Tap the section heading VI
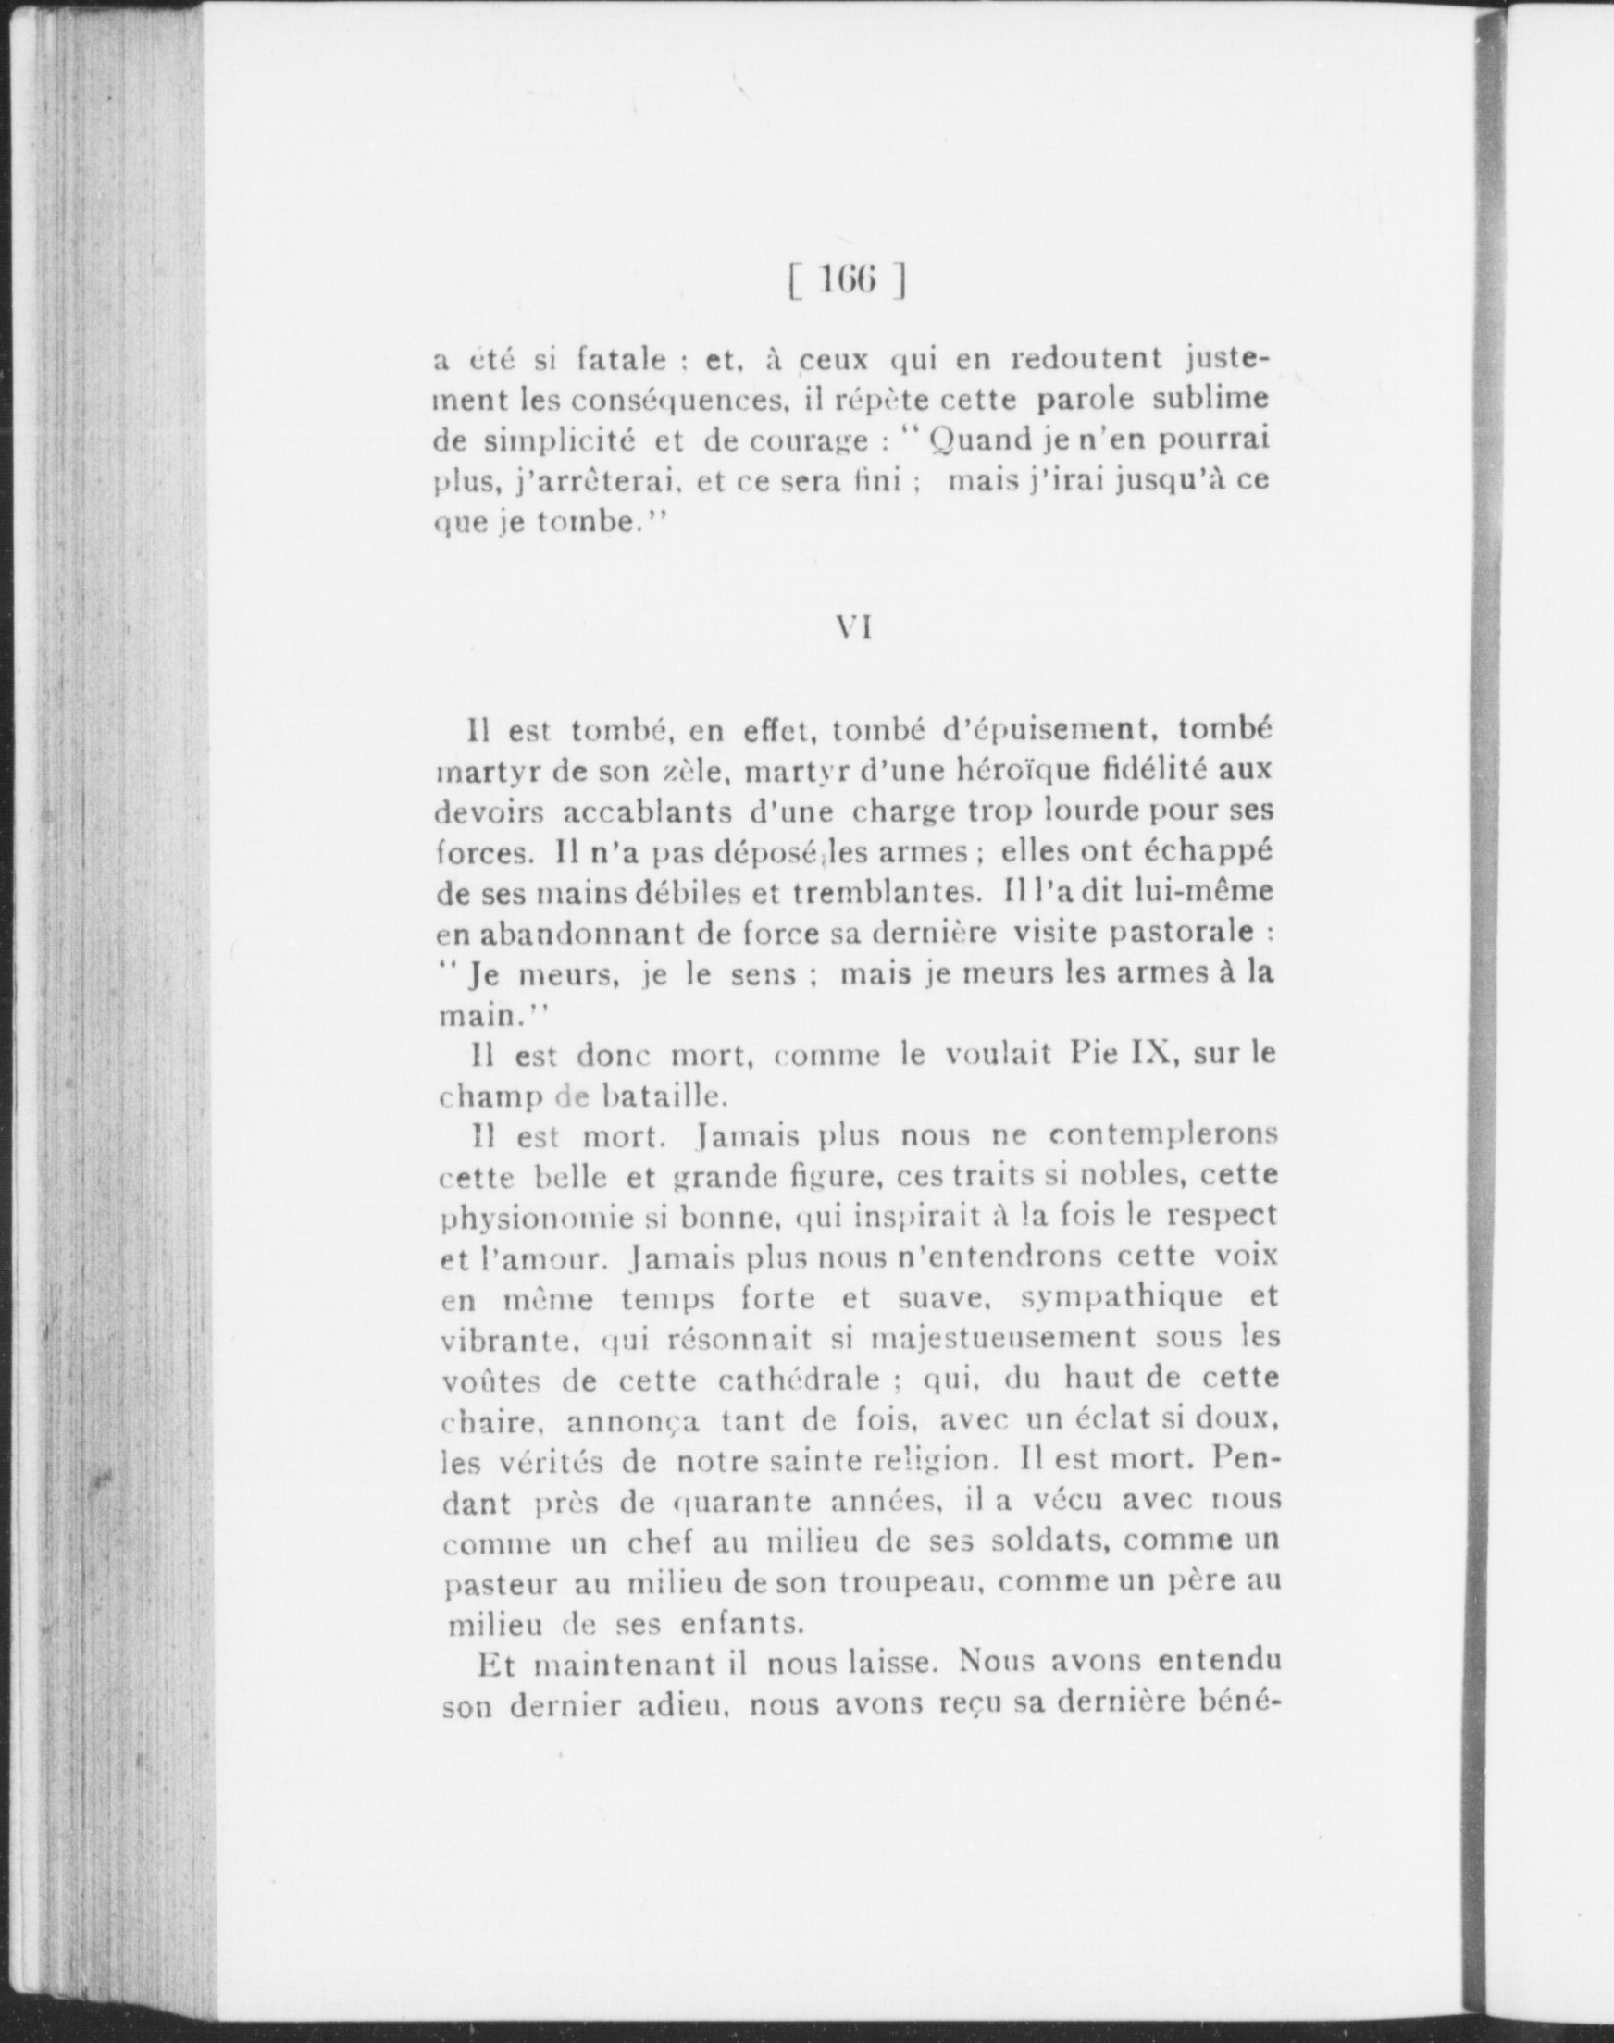tap(852, 630)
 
